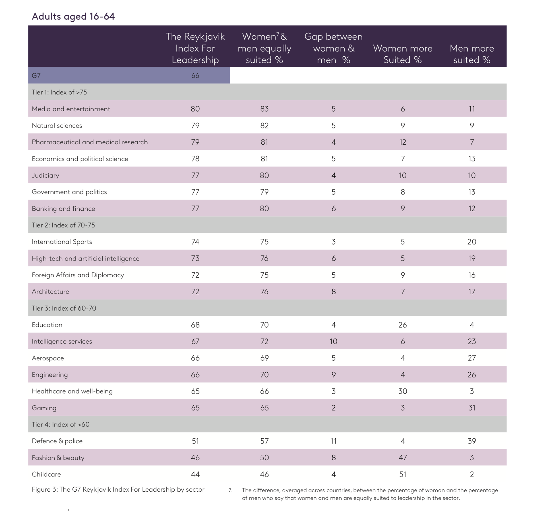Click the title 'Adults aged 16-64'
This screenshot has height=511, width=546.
tap(73, 16)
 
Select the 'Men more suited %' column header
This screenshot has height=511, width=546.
tap(471, 54)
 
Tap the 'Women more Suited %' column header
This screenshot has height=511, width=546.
tap(402, 54)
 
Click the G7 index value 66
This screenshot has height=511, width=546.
tap(195, 75)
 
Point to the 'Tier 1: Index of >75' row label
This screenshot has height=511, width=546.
tap(59, 92)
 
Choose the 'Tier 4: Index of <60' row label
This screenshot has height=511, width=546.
tap(61, 424)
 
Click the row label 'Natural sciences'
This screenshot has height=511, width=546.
tap(57, 125)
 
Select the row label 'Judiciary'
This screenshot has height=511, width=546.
tap(45, 175)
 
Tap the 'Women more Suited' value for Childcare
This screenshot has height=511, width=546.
tap(402, 474)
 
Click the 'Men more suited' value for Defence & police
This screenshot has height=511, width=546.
tap(471, 441)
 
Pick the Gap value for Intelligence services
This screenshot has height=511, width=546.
tap(333, 341)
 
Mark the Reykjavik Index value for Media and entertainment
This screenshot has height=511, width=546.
tap(195, 109)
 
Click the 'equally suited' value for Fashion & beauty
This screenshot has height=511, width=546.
tap(264, 457)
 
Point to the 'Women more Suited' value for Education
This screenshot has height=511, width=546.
tap(402, 325)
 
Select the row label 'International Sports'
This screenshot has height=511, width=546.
tap(62, 241)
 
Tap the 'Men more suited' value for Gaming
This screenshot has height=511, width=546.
tap(471, 408)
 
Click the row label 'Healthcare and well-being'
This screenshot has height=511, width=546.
tap(72, 391)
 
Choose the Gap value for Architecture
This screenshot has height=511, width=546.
tap(333, 291)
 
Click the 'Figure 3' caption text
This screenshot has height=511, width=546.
tap(118, 489)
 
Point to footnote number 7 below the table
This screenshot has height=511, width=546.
tap(230, 491)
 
